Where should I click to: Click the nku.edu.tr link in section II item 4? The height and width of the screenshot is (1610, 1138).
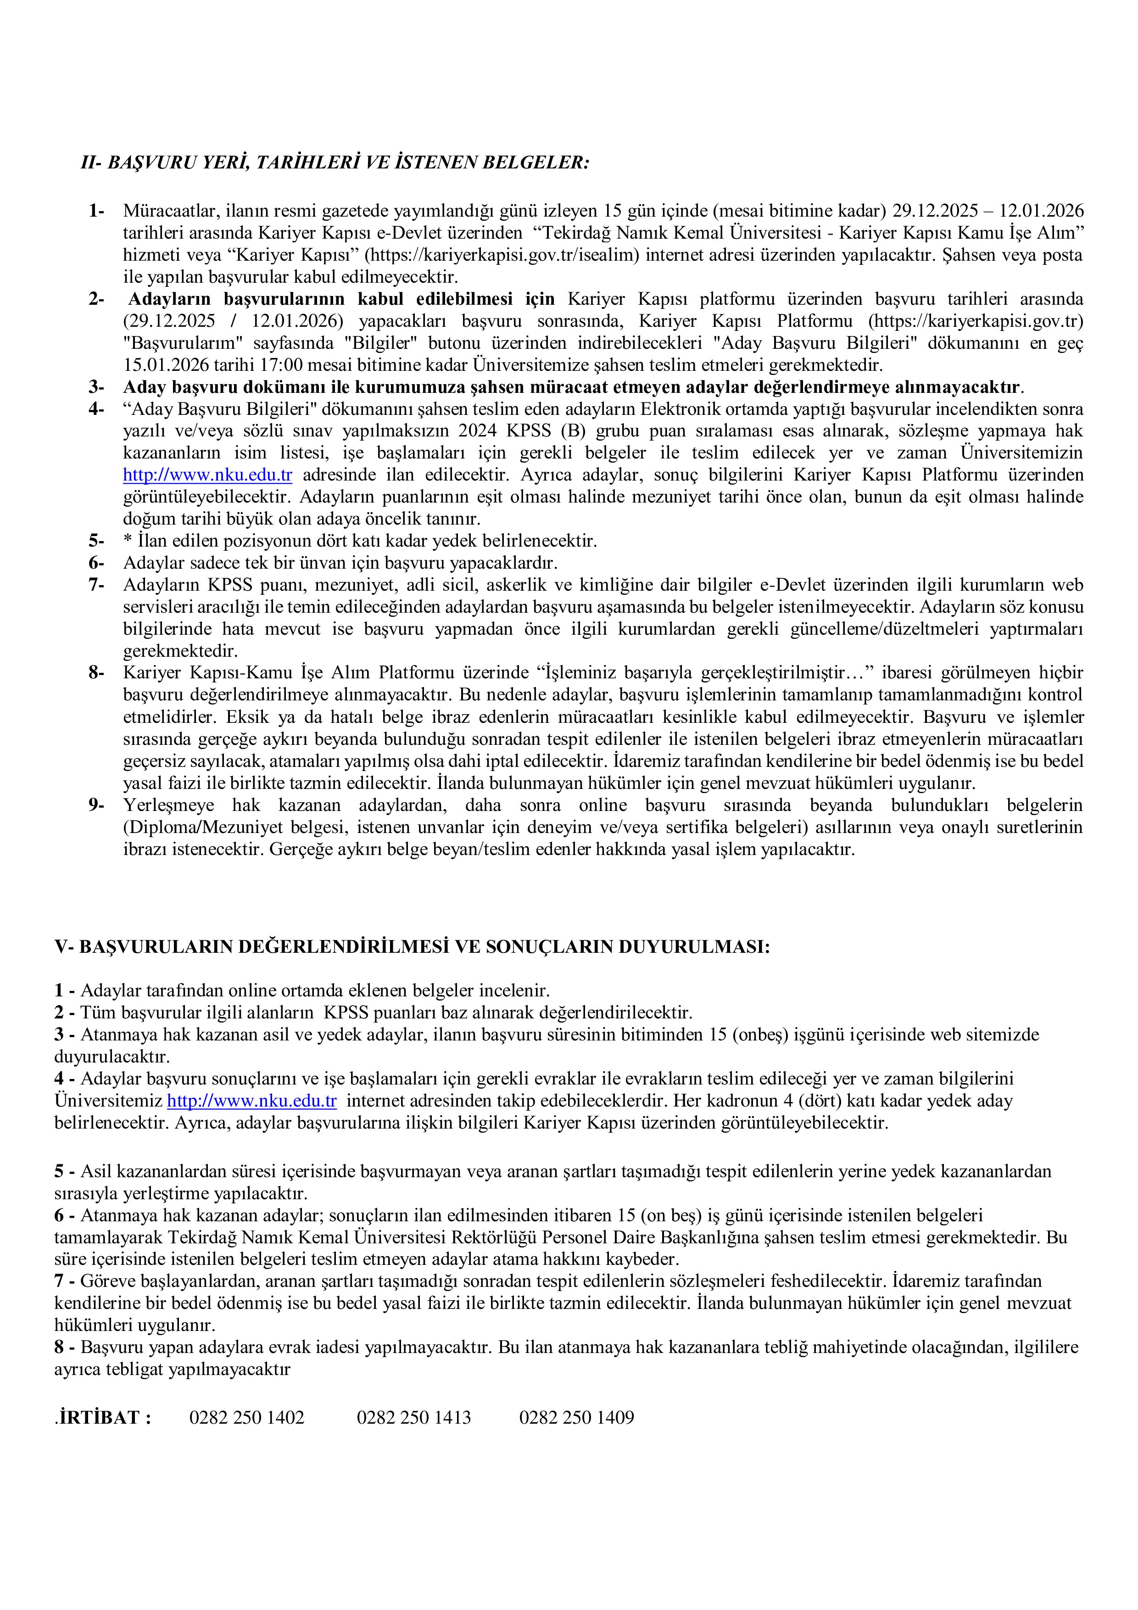[207, 475]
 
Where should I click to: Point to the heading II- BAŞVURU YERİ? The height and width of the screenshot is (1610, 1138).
[335, 162]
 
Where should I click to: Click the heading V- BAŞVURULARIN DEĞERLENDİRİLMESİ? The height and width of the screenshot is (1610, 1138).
[412, 947]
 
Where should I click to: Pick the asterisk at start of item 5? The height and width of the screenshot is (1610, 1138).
[127, 542]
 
